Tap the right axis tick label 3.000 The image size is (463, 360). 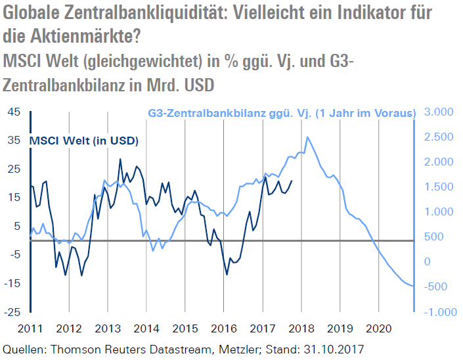(439, 112)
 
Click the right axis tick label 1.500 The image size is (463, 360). (439, 187)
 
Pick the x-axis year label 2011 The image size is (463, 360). (31, 327)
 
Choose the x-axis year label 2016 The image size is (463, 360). (224, 327)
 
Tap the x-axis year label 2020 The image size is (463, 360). (379, 327)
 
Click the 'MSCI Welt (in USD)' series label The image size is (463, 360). (85, 141)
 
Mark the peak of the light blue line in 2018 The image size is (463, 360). (307, 137)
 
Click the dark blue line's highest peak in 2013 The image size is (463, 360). (120, 159)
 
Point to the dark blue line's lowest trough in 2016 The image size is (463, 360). (227, 274)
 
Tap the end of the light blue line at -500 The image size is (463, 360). (413, 286)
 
